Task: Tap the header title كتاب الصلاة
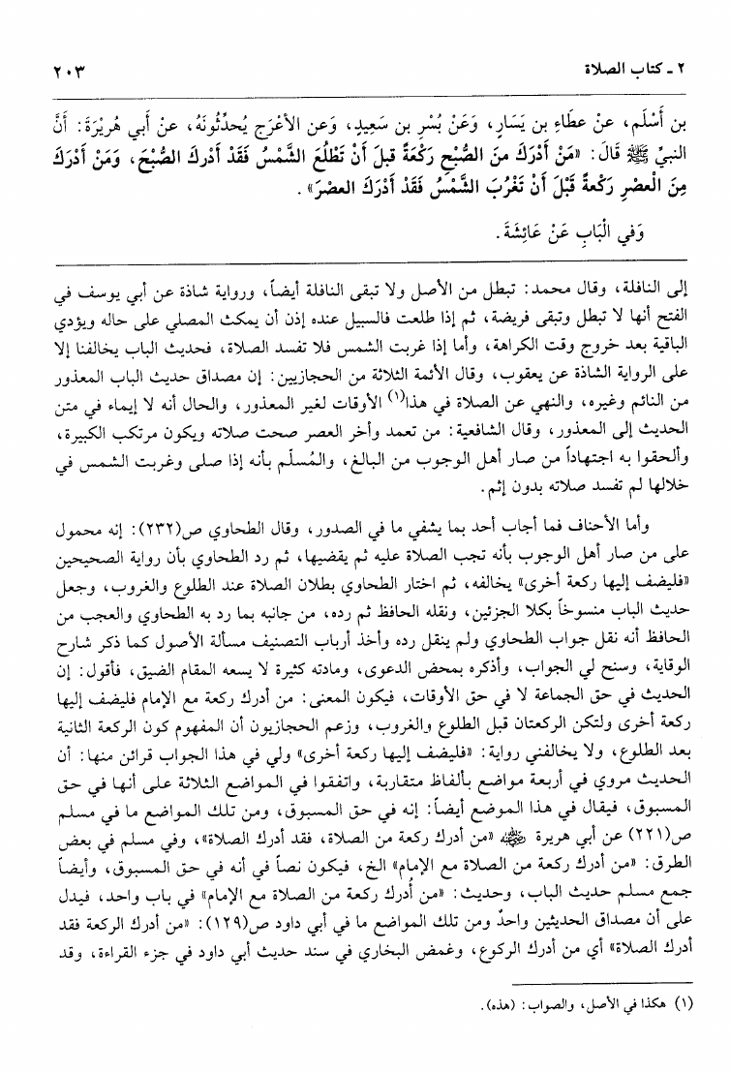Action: click(638, 70)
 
